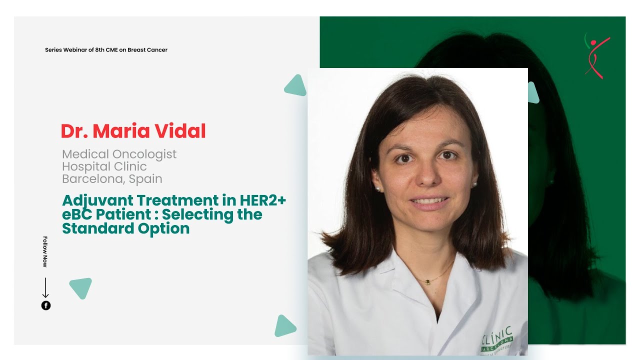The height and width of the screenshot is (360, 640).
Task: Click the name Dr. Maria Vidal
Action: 133,131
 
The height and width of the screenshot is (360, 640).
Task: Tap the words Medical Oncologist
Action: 119,154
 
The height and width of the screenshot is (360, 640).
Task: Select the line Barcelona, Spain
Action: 112,178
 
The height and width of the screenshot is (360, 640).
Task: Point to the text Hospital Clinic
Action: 104,166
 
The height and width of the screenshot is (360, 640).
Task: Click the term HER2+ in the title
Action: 260,201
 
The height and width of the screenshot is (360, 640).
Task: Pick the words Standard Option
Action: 125,228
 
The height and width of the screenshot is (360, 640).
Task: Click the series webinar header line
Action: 106,50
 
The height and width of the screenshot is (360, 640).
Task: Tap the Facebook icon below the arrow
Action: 46,305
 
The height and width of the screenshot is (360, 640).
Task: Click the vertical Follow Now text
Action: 45,251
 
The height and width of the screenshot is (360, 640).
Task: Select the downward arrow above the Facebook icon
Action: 45,288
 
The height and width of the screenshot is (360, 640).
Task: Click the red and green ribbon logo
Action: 596,55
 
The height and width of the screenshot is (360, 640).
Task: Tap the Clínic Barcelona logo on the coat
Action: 497,339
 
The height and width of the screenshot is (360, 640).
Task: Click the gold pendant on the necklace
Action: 427,282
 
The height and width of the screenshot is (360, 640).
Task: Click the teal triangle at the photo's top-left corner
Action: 296,86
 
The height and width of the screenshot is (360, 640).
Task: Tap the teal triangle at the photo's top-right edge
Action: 532,93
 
